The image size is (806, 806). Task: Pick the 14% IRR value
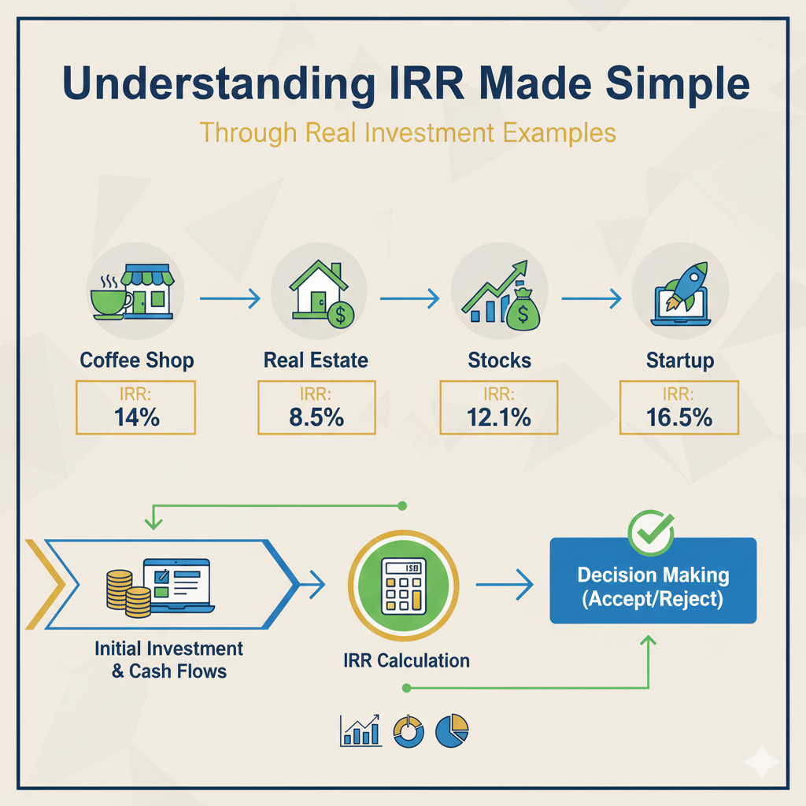(x=135, y=416)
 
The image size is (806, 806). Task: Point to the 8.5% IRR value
(x=316, y=416)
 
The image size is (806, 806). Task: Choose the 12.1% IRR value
(x=499, y=416)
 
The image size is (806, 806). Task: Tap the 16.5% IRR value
(x=679, y=416)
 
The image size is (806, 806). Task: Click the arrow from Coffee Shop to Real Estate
(x=229, y=298)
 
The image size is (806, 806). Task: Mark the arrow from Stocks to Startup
(x=590, y=298)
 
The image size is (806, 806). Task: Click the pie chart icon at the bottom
(x=453, y=730)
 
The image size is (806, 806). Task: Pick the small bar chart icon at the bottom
(x=360, y=730)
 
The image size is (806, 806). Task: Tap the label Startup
(x=679, y=361)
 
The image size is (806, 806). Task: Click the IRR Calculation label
(x=406, y=660)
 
